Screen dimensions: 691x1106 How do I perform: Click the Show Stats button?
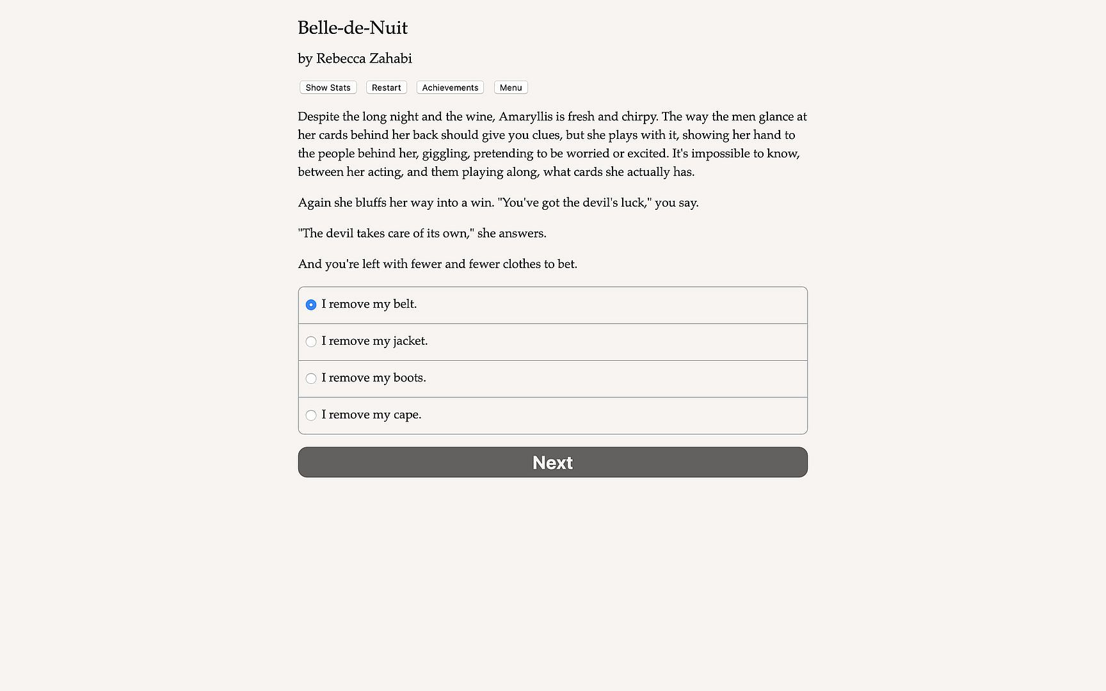(328, 88)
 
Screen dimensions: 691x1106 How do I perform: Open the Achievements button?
(450, 88)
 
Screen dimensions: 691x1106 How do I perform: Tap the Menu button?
(511, 88)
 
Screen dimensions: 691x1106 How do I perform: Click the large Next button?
(552, 462)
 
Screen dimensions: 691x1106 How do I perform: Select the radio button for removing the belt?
(311, 305)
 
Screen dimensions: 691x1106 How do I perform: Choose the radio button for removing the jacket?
(311, 342)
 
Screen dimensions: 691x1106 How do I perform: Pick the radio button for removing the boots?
(311, 378)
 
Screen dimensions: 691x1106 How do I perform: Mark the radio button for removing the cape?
(311, 415)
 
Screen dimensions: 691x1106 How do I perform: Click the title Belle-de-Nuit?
(353, 28)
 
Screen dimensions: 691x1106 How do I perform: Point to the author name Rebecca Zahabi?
(364, 59)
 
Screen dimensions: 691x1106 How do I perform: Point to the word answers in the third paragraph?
(522, 234)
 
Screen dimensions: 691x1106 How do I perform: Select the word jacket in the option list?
(410, 341)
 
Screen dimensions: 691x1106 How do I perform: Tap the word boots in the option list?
(409, 378)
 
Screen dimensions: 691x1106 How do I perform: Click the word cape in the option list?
(406, 415)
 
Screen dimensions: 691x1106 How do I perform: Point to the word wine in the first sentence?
(479, 116)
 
